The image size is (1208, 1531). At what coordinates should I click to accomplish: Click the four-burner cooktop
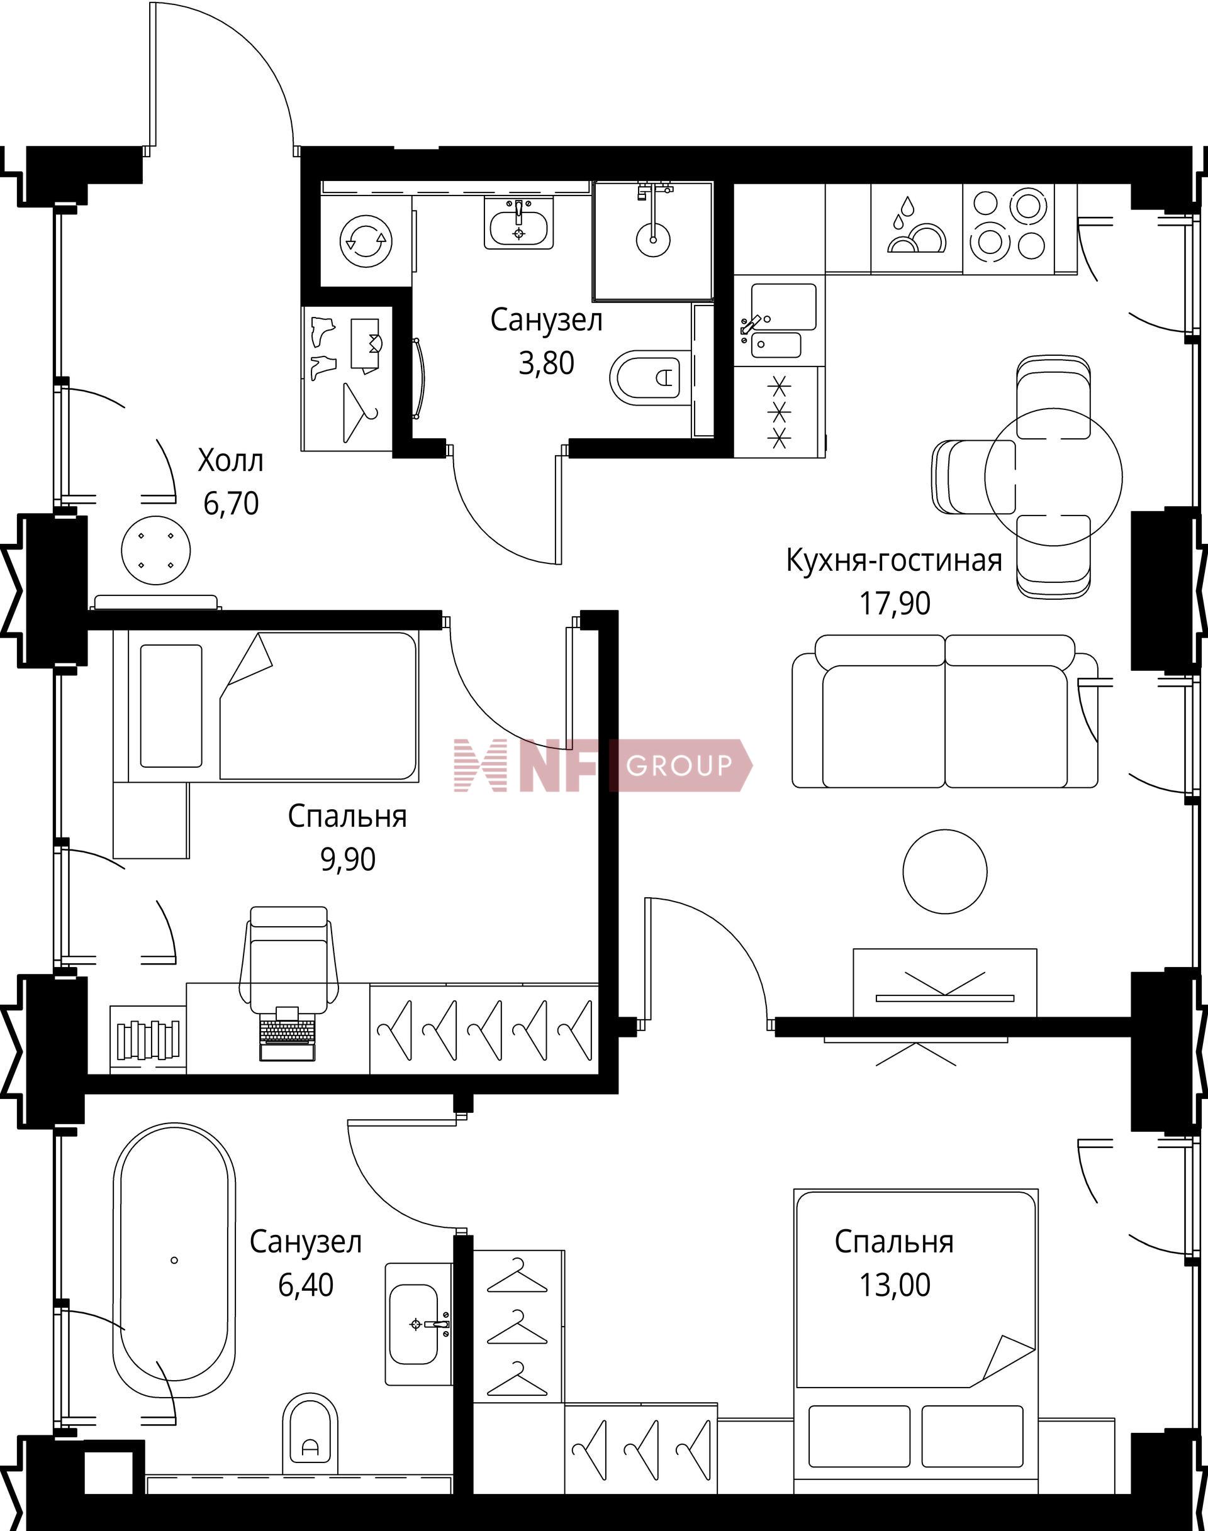tap(1009, 224)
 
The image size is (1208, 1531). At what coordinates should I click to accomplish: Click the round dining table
tap(1053, 477)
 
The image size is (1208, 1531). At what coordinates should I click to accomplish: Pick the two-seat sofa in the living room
tap(945, 711)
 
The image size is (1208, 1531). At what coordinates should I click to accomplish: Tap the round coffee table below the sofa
tap(945, 871)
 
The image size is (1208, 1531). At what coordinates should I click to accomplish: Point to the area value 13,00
tap(895, 1285)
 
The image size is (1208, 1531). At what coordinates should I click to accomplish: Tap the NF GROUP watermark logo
tap(603, 766)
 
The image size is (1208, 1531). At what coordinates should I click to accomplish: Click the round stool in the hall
tap(155, 550)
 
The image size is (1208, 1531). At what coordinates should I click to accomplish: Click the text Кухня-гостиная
tap(895, 560)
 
